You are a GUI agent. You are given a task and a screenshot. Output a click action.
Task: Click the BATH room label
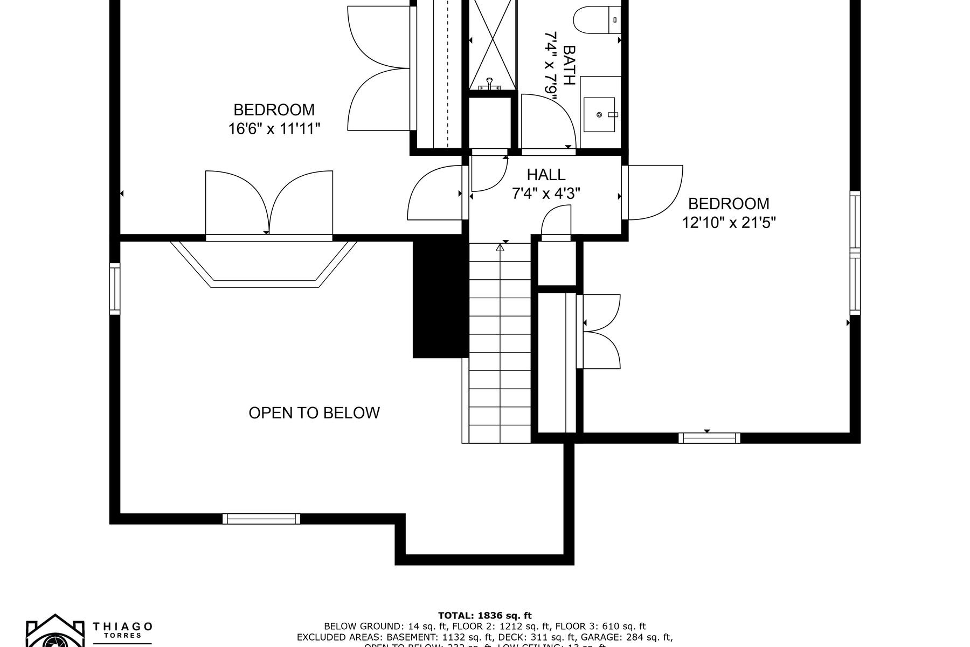(x=569, y=65)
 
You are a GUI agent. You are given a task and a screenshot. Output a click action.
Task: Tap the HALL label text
(x=546, y=175)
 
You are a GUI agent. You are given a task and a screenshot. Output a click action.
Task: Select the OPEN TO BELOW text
(x=314, y=413)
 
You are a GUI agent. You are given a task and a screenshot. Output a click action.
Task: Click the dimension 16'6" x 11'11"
(x=274, y=129)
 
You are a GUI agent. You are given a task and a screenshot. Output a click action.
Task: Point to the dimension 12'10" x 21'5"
(x=729, y=223)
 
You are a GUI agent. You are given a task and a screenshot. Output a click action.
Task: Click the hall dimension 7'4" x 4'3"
(x=546, y=194)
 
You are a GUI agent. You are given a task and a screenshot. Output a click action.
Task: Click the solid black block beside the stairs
(x=440, y=299)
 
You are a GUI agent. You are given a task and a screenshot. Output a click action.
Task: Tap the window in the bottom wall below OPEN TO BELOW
(x=261, y=519)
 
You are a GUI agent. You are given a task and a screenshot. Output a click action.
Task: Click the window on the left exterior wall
(x=114, y=288)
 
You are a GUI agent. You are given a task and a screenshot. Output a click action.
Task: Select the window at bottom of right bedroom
(x=709, y=438)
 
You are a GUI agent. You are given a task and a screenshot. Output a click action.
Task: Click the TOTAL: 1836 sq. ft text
(x=484, y=615)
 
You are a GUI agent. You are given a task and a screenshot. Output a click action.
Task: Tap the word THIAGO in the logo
(x=123, y=627)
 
